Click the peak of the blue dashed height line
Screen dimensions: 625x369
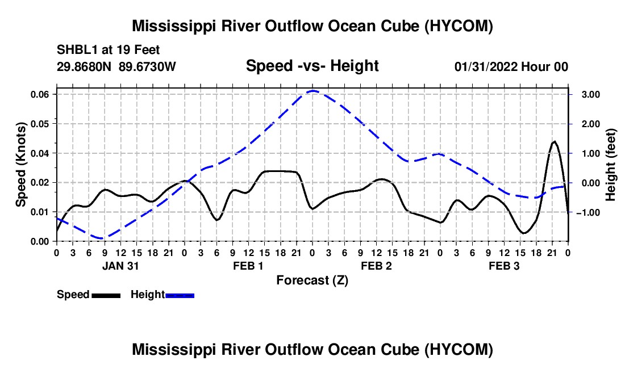(313, 91)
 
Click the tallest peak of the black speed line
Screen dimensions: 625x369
(554, 141)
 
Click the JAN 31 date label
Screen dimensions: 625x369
(120, 266)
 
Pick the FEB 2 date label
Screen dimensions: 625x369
(376, 266)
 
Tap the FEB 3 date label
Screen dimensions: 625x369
(504, 266)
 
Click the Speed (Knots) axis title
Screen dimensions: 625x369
(21, 165)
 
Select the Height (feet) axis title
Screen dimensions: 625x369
(611, 165)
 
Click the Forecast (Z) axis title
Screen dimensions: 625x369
(312, 280)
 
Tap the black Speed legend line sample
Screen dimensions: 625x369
(106, 295)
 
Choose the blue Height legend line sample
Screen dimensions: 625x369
(180, 295)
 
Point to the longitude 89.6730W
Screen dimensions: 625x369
(147, 66)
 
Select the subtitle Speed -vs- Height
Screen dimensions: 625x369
(312, 66)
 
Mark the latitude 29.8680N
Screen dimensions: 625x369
(84, 66)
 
